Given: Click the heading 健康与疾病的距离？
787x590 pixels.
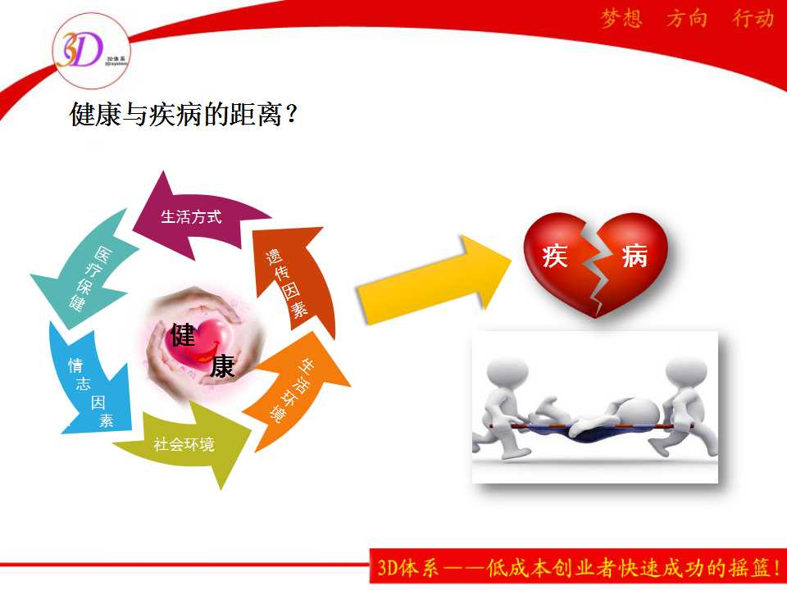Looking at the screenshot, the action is pyautogui.click(x=184, y=115).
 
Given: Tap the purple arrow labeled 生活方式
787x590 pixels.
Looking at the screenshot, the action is pyautogui.click(x=201, y=216).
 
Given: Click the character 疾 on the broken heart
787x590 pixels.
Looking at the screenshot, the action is pyautogui.click(x=555, y=256).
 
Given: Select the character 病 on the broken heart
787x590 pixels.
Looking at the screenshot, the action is pyautogui.click(x=634, y=256).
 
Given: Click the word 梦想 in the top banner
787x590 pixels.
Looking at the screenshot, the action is pyautogui.click(x=621, y=19).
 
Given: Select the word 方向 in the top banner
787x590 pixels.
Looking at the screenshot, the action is pyautogui.click(x=687, y=19).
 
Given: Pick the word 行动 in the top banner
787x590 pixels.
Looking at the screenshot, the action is pyautogui.click(x=753, y=19).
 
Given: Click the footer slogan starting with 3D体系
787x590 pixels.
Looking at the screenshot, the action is pyautogui.click(x=578, y=567).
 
